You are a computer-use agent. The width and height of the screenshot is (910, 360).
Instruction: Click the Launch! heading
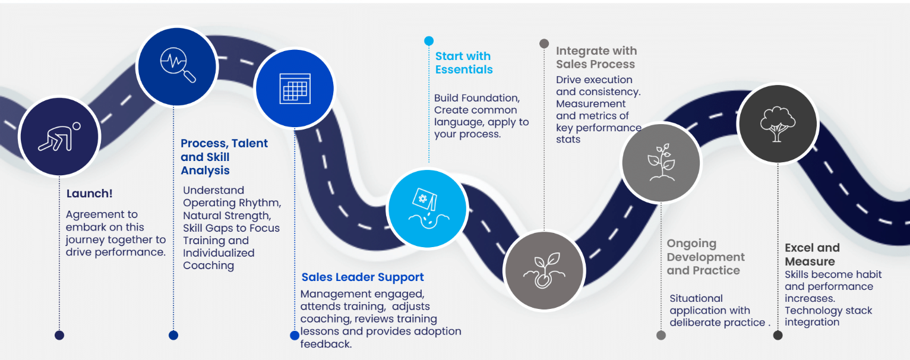coord(90,194)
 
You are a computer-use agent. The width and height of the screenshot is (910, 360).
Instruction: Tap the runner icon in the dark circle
coord(59,136)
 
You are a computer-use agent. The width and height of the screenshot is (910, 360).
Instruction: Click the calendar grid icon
coord(295,89)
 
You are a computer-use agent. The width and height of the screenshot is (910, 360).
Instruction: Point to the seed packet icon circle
coord(427,208)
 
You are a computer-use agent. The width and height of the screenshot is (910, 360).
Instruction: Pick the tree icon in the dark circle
coord(777,124)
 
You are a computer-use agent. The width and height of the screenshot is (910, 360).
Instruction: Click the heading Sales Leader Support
coord(362,277)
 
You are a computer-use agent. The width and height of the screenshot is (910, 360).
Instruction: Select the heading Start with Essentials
coord(464,63)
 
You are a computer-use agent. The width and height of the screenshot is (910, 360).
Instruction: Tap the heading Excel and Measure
coord(812,254)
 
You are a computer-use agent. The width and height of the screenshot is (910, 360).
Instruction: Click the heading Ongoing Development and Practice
coord(706,257)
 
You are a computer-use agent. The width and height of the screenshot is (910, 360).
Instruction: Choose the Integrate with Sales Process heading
coord(596,58)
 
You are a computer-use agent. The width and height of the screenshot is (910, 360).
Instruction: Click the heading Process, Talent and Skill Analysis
coord(224,157)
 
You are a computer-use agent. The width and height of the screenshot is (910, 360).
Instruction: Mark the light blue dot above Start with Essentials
coord(429,41)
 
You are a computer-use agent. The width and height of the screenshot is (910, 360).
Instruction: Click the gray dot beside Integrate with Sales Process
coord(544,43)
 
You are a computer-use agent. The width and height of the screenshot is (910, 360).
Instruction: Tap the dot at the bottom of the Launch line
coord(59,335)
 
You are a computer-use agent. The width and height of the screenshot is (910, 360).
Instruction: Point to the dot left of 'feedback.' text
coord(294,336)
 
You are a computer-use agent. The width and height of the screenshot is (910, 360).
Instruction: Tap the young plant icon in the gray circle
coord(661,162)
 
